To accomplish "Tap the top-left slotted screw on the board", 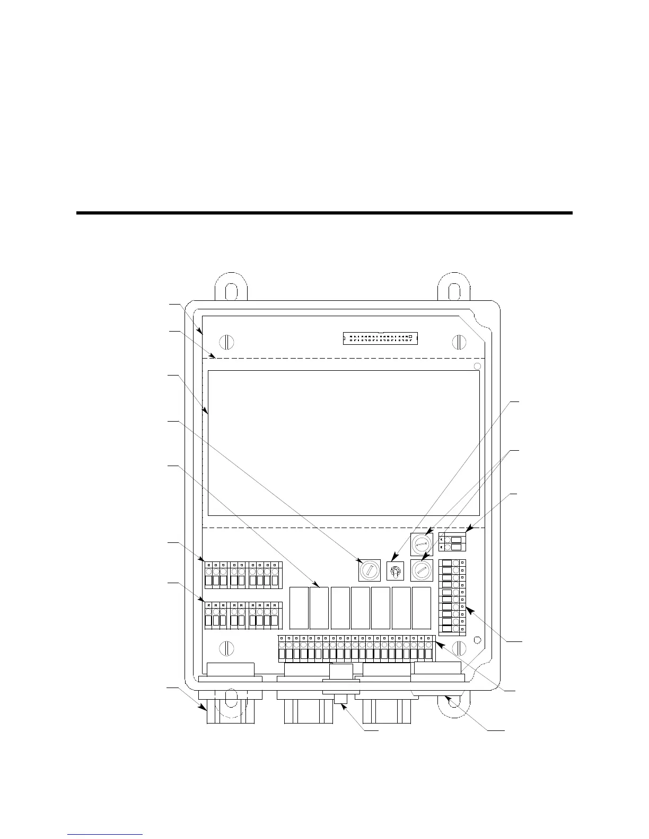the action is [x=226, y=342].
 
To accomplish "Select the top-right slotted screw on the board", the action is [x=459, y=342].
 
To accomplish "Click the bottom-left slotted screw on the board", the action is [x=226, y=648].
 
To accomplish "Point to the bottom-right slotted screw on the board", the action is [x=459, y=648].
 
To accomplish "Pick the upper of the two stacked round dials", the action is [x=422, y=544].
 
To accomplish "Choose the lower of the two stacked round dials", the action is [x=422, y=571].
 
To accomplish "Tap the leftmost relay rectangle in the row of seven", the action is [x=299, y=608].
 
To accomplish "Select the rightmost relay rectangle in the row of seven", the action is [x=421, y=608].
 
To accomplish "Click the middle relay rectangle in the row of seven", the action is [x=360, y=608].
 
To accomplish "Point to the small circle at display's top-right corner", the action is [x=477, y=367].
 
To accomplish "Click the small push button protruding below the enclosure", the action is [x=341, y=699].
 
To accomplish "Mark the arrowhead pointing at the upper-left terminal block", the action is [x=204, y=560].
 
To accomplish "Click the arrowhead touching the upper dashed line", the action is [x=213, y=356].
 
